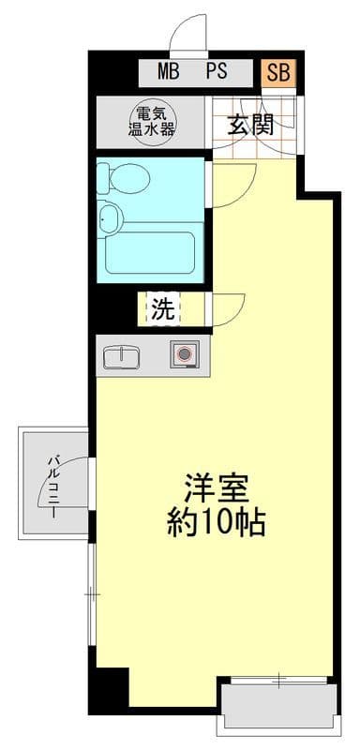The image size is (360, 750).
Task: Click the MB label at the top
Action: coord(169,71)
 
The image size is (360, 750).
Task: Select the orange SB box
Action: coord(278,71)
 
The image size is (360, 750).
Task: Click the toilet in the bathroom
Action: coord(124,176)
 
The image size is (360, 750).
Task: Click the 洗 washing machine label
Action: coord(163,310)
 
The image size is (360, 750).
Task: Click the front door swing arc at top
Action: coord(188,36)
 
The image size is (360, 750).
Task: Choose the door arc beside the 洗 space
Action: coord(231,309)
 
